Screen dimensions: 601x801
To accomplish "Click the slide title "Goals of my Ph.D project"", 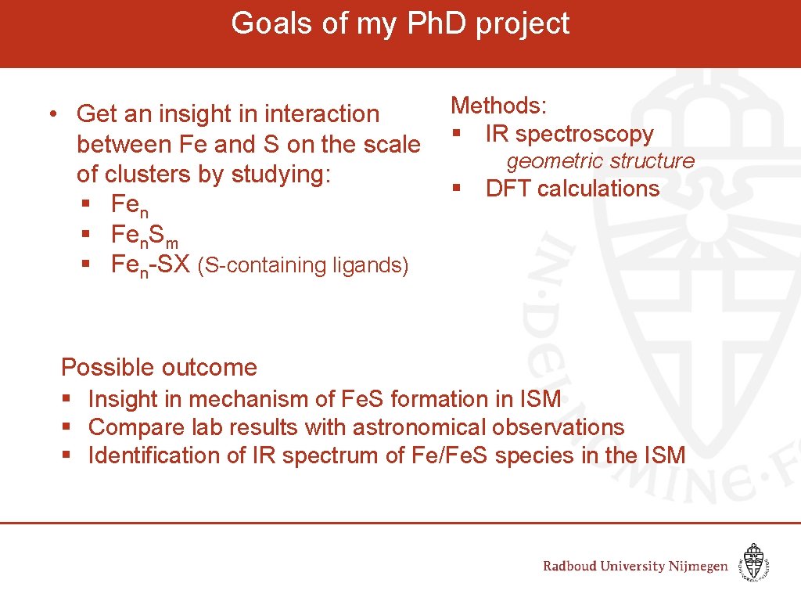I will tap(400, 23).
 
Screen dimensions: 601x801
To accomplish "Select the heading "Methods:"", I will tap(500, 106).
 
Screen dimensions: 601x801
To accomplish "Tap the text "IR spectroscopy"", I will tap(569, 134).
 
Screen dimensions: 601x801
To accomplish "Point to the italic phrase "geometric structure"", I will tap(600, 161).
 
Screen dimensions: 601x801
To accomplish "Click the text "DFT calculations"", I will tap(572, 189).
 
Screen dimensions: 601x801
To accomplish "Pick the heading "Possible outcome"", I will tap(159, 367).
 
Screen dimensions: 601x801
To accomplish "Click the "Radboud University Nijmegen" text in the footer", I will tap(635, 566).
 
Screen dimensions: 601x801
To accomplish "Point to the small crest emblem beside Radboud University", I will tap(753, 563).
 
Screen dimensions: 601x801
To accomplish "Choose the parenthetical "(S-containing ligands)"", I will tap(303, 266).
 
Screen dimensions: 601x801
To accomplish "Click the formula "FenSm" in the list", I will tap(145, 236).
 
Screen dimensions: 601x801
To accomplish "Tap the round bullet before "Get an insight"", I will tap(50, 114).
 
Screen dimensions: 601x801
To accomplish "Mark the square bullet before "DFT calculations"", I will tap(455, 189).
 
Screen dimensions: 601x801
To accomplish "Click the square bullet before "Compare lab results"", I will tap(67, 427).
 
